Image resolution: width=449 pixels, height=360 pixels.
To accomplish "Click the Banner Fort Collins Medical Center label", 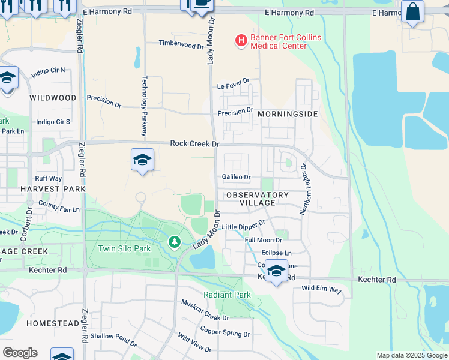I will pos(286,41).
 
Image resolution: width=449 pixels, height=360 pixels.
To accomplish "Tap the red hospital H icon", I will pos(241,40).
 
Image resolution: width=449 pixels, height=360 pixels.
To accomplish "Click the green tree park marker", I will pos(174,242).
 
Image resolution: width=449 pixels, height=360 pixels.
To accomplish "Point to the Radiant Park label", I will pos(227,295).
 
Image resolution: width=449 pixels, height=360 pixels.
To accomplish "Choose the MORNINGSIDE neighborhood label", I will pos(287,113).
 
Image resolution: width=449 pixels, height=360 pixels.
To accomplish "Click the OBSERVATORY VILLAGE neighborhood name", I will pos(258,199).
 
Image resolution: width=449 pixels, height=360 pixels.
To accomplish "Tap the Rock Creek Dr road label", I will pos(195,143).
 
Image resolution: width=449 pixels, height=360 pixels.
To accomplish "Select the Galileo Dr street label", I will pos(236,177).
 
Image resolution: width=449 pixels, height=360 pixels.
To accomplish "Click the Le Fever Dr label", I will pos(233,87).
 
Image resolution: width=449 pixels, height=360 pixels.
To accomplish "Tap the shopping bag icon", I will pos(412,11).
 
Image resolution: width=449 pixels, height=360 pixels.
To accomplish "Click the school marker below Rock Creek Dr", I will pos(142,160).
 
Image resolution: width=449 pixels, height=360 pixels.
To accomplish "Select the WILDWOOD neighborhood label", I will pos(53,97).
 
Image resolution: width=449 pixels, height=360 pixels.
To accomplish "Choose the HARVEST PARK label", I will pos(53,188).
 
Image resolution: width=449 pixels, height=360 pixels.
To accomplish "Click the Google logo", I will pos(19,353).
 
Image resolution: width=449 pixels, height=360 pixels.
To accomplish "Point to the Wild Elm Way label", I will pos(321,289).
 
